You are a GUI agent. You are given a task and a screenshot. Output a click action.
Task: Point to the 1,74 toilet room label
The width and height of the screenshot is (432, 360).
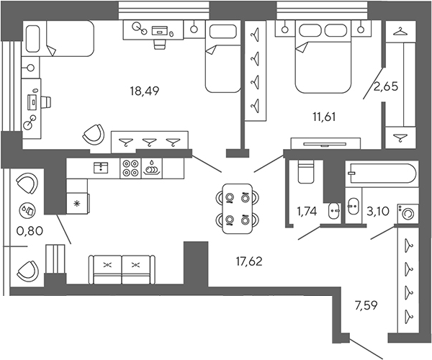coord(309,212)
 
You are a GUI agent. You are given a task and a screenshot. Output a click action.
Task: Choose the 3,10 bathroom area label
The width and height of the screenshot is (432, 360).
coord(379,212)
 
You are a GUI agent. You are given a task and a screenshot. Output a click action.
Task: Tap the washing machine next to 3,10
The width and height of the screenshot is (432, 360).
coord(408,213)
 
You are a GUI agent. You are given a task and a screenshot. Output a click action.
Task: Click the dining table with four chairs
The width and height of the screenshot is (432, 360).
coord(237,205)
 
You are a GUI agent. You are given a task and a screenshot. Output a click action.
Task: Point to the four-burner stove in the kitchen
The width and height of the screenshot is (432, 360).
coord(131,168)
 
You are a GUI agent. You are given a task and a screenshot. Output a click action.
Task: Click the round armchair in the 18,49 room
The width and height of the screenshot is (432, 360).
coord(92,134)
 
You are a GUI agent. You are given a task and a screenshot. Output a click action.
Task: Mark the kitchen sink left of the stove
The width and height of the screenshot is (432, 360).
coord(102,168)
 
